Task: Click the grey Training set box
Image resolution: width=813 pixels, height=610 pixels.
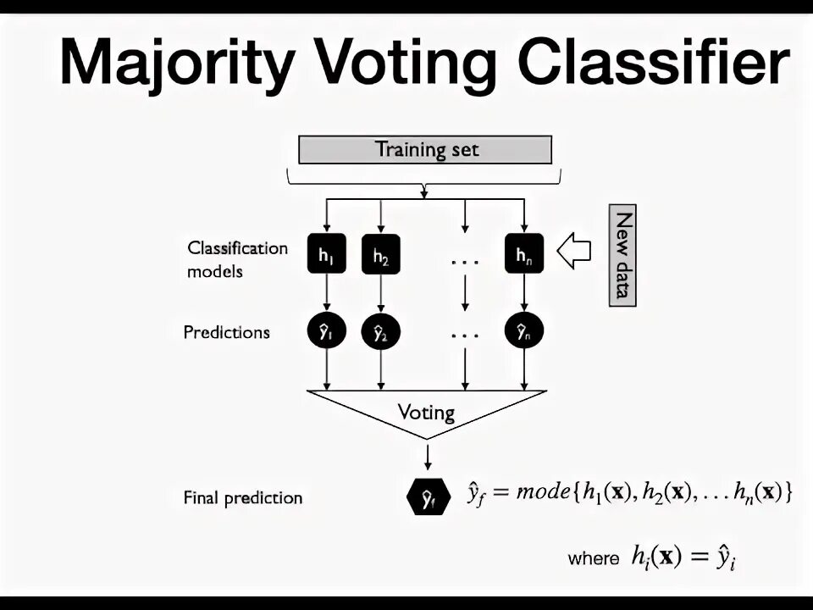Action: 425,150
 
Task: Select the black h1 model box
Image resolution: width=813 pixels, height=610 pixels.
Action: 326,252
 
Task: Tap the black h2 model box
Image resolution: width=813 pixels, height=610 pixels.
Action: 381,252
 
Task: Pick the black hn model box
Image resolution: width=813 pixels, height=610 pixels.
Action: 523,252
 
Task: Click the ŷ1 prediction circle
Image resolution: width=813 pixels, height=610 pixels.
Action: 326,332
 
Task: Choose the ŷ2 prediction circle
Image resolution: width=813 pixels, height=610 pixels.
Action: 381,332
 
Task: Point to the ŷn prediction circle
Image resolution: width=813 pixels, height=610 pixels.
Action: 523,332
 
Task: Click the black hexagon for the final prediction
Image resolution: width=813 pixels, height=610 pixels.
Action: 428,497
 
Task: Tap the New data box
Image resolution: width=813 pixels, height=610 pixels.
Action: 622,254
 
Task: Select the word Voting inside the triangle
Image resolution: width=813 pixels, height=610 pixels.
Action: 426,413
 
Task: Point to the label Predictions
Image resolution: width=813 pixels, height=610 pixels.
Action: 226,332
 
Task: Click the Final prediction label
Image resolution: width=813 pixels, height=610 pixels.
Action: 242,497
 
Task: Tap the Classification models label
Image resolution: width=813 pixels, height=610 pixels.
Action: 237,259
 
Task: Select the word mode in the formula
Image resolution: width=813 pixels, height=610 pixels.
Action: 542,491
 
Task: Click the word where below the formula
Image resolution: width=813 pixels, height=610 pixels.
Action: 593,558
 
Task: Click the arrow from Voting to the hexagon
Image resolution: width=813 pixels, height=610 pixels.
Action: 428,456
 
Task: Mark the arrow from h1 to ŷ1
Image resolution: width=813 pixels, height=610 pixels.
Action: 326,293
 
